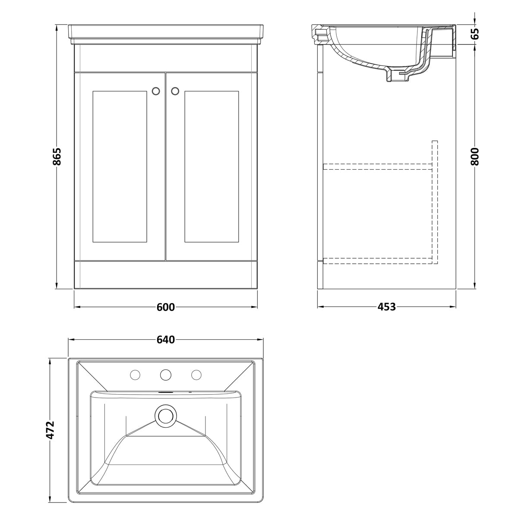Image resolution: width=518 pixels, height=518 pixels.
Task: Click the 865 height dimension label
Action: click(57, 156)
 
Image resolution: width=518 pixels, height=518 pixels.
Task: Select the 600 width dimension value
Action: click(166, 307)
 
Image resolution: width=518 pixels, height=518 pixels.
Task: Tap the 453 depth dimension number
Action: click(386, 307)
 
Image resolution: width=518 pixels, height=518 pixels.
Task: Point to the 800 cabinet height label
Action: click(475, 156)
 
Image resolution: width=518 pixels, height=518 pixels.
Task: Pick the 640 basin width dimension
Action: click(166, 340)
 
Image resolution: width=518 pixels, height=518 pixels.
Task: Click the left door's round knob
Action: click(156, 91)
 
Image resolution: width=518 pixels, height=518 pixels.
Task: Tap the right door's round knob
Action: click(175, 91)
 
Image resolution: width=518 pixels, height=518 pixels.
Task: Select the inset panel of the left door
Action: click(120, 166)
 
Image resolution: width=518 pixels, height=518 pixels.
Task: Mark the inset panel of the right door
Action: click(212, 166)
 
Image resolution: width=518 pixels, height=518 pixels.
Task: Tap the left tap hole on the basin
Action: click(135, 374)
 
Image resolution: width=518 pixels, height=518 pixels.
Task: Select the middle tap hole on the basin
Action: click(166, 374)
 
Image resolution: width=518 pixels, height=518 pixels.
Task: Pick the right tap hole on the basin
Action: click(196, 374)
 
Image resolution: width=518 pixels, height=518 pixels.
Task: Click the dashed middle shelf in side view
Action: click(377, 166)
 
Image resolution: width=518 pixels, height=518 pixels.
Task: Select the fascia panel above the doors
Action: click(166, 58)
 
